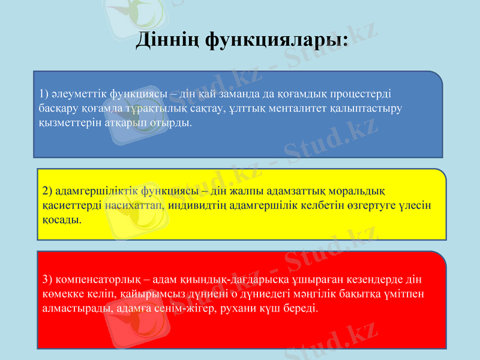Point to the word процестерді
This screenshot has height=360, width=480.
(x=361, y=94)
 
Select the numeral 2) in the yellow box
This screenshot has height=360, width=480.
(x=48, y=191)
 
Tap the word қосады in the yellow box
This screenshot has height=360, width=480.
(x=62, y=220)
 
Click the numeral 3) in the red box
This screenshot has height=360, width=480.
(x=48, y=280)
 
